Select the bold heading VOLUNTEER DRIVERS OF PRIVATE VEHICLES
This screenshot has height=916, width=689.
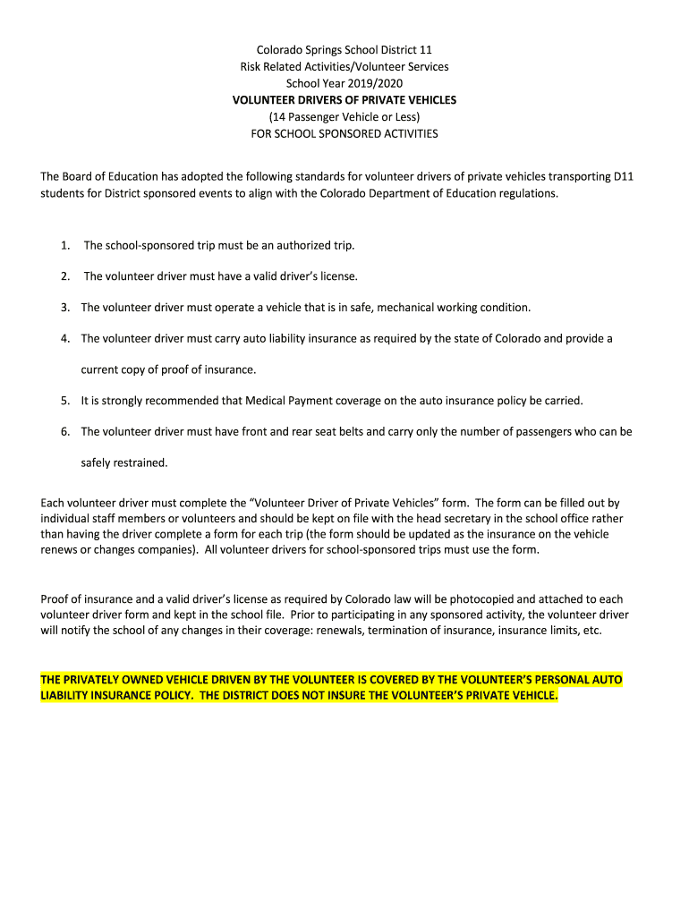click(344, 100)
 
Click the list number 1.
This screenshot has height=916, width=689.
click(65, 245)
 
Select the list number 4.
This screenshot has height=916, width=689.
click(65, 339)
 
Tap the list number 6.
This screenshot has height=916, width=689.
click(65, 431)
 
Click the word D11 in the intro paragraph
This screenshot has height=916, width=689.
click(624, 176)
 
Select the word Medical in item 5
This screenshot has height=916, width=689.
click(265, 400)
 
